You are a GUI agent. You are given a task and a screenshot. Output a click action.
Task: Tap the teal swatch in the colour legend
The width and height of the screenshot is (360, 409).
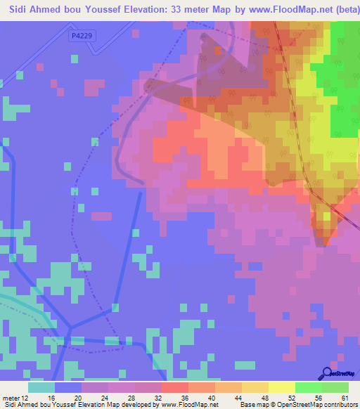point(41,387)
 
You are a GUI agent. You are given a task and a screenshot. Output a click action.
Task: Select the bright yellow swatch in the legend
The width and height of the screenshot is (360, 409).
point(281,387)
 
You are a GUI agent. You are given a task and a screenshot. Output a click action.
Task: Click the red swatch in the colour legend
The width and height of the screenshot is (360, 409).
point(174,387)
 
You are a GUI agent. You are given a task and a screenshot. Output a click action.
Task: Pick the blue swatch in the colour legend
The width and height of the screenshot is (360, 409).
point(67,387)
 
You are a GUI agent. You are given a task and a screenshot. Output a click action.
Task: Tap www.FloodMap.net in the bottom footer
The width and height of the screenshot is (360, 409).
point(189,405)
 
